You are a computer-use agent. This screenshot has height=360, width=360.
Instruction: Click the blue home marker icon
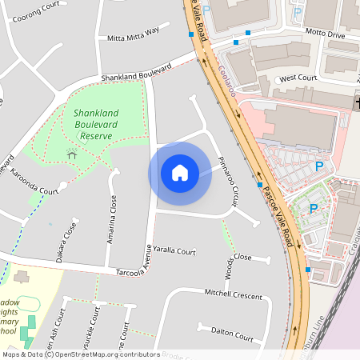[180, 173]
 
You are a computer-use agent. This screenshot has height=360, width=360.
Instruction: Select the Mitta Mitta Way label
[133, 34]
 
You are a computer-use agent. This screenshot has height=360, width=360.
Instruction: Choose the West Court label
[298, 79]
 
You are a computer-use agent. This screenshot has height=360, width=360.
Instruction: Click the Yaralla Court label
[174, 251]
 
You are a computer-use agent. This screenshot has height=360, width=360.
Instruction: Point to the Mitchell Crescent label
[233, 294]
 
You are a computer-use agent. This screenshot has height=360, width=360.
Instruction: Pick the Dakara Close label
[70, 242]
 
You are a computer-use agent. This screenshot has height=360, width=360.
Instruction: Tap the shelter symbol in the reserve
[72, 154]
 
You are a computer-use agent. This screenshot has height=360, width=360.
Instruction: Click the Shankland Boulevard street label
[136, 74]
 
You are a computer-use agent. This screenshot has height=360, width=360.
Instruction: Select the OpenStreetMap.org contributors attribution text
[108, 354]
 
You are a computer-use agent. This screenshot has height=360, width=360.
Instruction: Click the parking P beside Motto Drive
[298, 12]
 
